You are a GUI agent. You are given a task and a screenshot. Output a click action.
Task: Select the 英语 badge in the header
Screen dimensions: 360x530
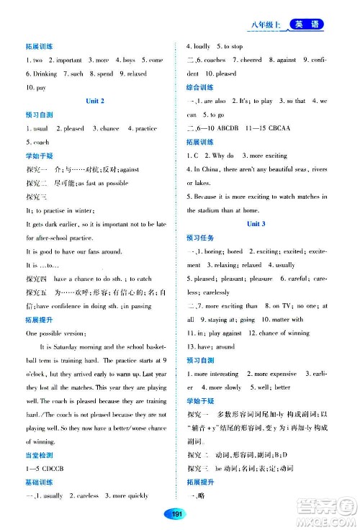tap(305, 26)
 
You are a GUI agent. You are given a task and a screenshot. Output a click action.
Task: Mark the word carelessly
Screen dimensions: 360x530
tap(214, 292)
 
